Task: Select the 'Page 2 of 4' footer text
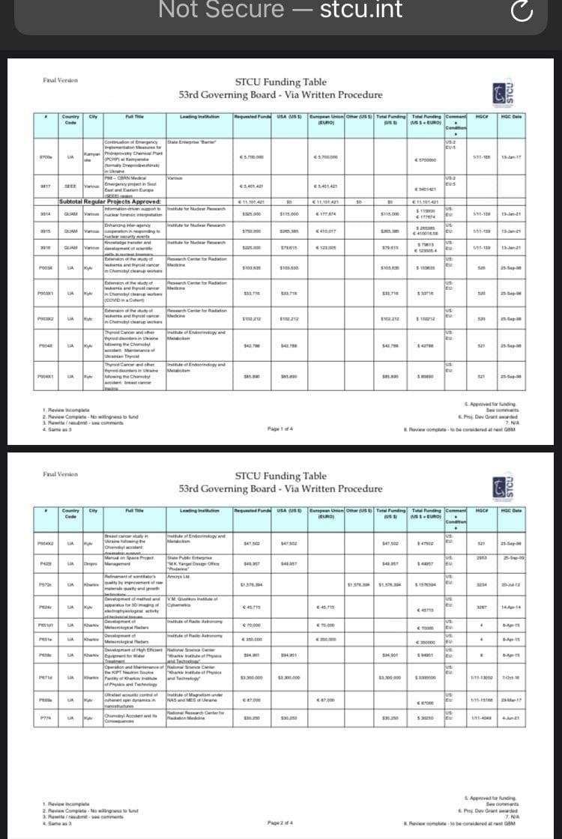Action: click(279, 823)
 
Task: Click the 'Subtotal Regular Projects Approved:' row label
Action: click(112, 201)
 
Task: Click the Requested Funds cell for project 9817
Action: click(253, 188)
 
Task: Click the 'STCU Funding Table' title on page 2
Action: click(280, 476)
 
